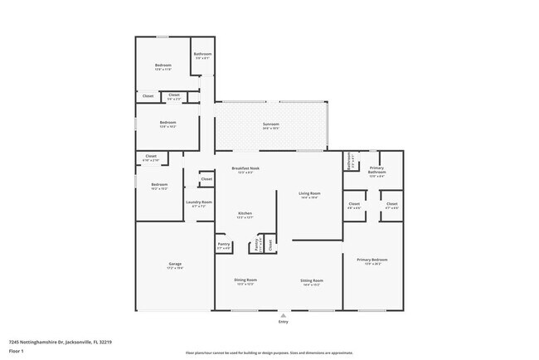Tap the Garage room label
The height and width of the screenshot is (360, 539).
[x=175, y=265]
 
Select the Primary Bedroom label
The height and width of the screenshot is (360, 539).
[x=372, y=260]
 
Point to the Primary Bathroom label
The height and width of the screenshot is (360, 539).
[x=378, y=173]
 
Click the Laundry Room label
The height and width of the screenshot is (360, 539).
[x=199, y=202]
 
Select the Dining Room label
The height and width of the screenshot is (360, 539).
[x=246, y=280]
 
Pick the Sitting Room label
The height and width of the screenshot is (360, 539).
[x=311, y=280]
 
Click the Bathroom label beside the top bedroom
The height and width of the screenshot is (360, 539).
[x=203, y=55]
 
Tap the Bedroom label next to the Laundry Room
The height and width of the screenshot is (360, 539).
[x=159, y=185]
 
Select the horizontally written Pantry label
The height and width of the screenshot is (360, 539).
[x=224, y=244]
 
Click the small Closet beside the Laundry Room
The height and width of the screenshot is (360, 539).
[x=206, y=178]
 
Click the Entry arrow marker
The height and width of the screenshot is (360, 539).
[x=284, y=315]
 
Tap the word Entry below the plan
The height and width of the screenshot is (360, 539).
[x=284, y=322]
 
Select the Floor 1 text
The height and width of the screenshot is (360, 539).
[x=17, y=350]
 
